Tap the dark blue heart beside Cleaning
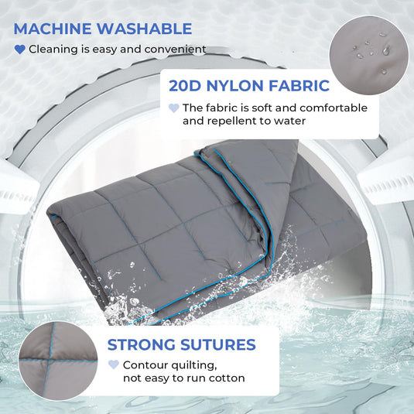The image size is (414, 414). coord(20,50)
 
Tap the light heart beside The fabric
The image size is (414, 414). coord(174,108)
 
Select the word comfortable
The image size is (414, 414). coord(334,108)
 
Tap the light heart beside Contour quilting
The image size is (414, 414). coord(113,364)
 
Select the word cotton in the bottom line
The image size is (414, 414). coord(227,378)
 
